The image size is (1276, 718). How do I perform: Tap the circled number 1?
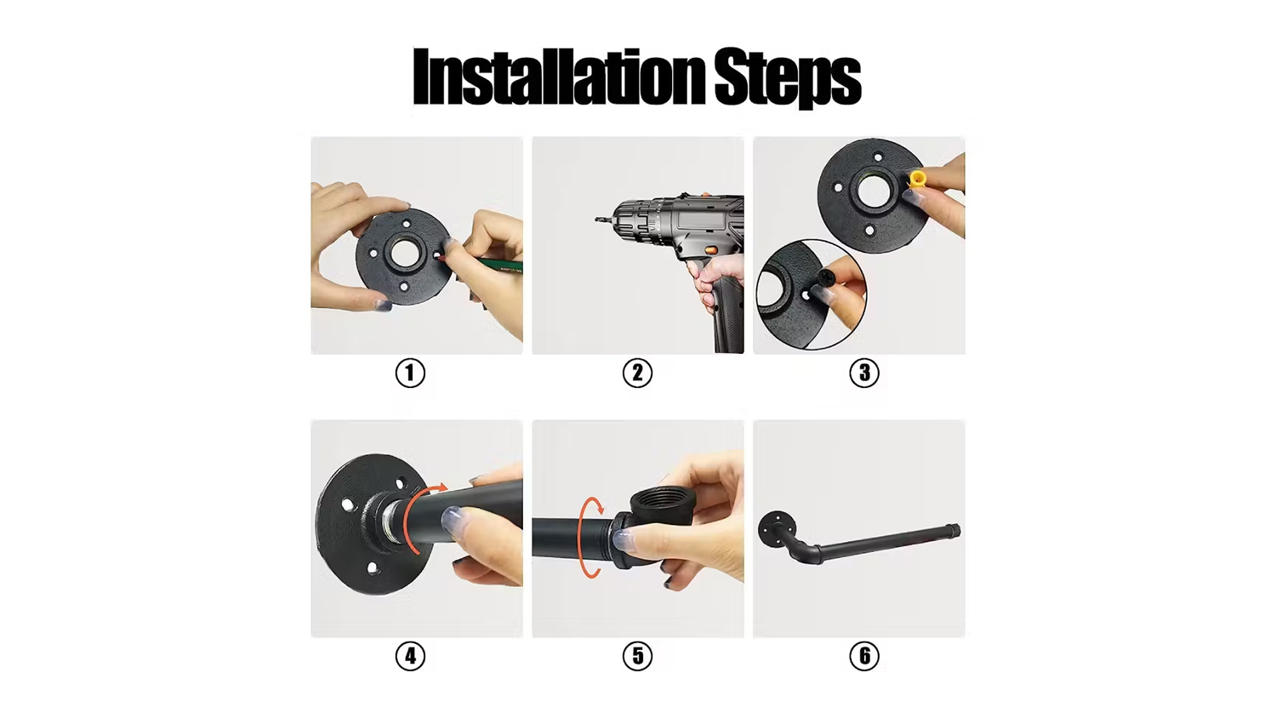pyautogui.click(x=410, y=373)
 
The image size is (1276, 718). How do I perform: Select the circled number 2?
pyautogui.click(x=637, y=373)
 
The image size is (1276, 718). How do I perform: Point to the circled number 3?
pyautogui.click(x=864, y=373)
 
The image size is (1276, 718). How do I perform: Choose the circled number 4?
pyautogui.click(x=410, y=656)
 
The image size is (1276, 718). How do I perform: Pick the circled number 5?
pyautogui.click(x=637, y=656)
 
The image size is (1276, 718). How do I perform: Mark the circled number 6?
pyautogui.click(x=864, y=656)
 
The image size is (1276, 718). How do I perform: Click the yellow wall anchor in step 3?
pyautogui.click(x=917, y=179)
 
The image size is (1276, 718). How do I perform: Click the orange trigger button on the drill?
pyautogui.click(x=713, y=250)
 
